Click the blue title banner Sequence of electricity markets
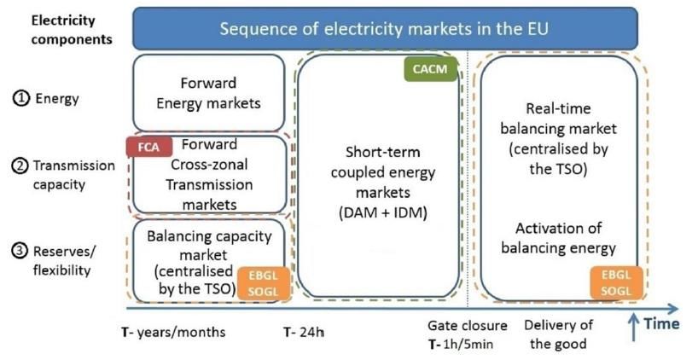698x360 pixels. click(385, 28)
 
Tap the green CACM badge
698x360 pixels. click(430, 69)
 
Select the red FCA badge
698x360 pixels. click(149, 147)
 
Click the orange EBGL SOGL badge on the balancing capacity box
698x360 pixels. click(264, 283)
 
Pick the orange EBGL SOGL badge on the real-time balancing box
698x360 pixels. click(617, 283)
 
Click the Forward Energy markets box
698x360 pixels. click(209, 93)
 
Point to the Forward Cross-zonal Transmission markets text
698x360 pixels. click(209, 174)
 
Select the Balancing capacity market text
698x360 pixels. click(209, 245)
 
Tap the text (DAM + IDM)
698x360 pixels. click(383, 212)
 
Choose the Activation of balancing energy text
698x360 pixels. click(558, 238)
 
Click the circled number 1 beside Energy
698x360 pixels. click(20, 98)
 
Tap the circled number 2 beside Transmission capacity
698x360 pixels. click(20, 166)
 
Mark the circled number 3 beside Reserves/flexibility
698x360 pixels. click(20, 252)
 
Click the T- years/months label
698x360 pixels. click(173, 332)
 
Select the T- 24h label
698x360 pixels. click(304, 332)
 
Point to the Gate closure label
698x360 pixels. click(467, 326)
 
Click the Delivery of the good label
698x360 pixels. click(558, 334)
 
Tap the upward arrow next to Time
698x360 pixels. click(633, 328)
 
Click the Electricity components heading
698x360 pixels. click(71, 30)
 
